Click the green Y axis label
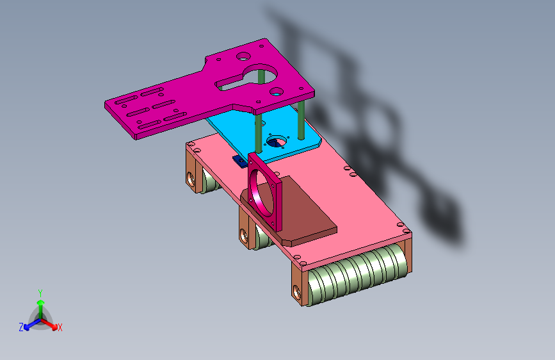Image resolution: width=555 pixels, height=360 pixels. pos(40,293)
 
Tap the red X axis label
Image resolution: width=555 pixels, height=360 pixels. pos(60,327)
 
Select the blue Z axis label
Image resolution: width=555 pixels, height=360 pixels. pos(21,327)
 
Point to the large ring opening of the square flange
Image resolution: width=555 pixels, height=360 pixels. pos(261,192)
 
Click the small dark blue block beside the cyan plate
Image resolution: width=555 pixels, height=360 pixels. pos(239,161)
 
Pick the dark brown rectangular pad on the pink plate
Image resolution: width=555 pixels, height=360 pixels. pos(289,211)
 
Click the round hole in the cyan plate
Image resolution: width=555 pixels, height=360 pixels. pos(277,142)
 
